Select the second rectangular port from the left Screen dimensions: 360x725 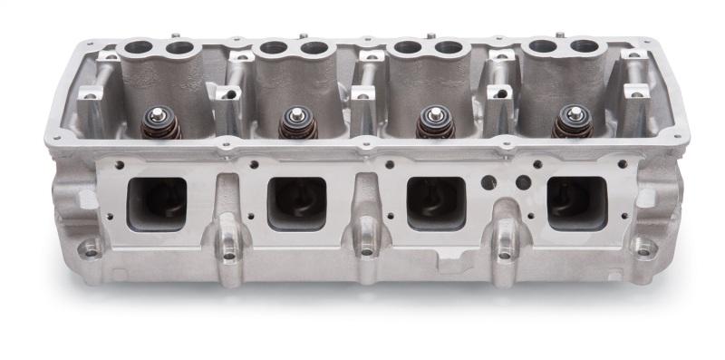point(296,201)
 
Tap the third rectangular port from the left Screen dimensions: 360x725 point(436,201)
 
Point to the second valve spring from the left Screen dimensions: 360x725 point(296,122)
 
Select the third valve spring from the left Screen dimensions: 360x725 point(432,122)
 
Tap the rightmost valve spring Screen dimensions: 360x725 point(574,122)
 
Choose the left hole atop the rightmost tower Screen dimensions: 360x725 point(543,44)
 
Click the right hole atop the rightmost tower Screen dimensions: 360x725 point(580,46)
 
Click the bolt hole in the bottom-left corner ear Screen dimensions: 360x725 point(92,246)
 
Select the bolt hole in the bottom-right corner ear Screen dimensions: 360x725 point(644,246)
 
